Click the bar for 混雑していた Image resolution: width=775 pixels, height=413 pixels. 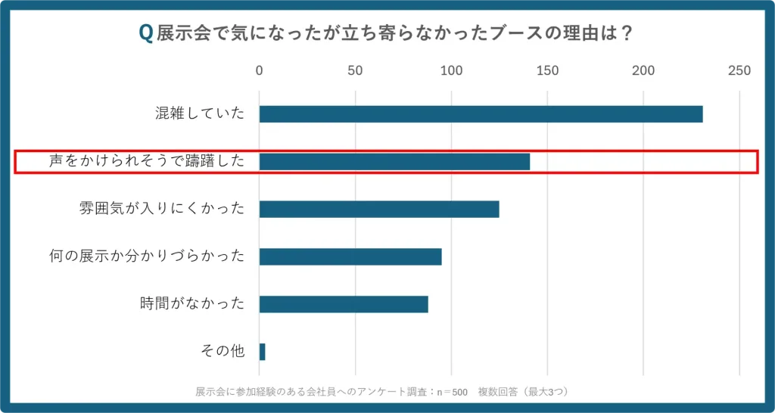[x=481, y=114]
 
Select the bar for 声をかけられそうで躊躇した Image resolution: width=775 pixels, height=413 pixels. [x=394, y=161]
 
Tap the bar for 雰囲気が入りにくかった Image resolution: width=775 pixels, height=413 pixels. [x=379, y=209]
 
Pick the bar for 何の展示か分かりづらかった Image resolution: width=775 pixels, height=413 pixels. [x=350, y=256]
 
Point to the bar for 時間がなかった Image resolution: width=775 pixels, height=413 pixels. [x=344, y=304]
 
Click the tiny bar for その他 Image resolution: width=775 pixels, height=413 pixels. [x=262, y=352]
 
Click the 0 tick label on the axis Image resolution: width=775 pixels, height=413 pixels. [x=260, y=71]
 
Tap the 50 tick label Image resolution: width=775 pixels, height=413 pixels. [x=355, y=71]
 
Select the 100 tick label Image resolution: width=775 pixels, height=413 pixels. [x=451, y=71]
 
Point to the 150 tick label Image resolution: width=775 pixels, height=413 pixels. [x=547, y=71]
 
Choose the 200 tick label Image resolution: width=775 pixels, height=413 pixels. [x=643, y=71]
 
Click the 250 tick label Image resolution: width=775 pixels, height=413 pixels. [x=739, y=71]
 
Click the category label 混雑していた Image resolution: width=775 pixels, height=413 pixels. [x=200, y=114]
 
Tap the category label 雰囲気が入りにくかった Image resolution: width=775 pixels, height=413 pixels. [x=162, y=209]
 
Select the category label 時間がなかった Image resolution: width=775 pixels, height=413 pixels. [x=192, y=304]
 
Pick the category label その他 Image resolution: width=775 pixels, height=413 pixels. [x=223, y=352]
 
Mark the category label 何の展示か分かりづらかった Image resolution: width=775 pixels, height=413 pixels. [x=147, y=256]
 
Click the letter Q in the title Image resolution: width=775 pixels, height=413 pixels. [x=145, y=34]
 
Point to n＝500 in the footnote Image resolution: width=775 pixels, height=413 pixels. [x=453, y=392]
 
